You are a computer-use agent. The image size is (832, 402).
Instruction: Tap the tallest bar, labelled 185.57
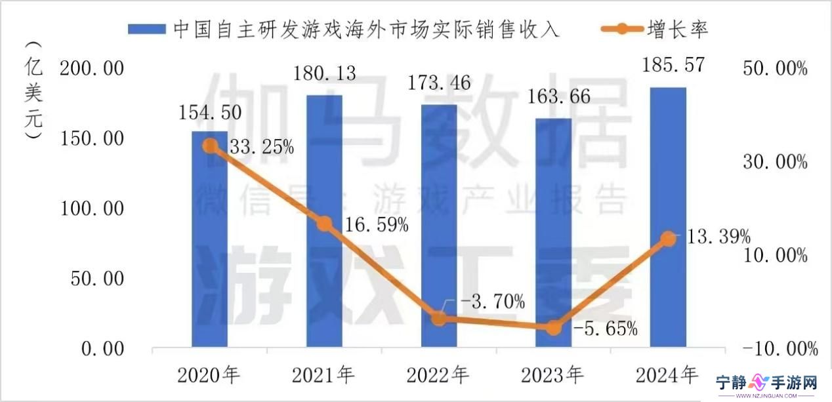click(x=668, y=216)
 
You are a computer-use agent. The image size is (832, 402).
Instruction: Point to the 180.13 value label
click(x=325, y=73)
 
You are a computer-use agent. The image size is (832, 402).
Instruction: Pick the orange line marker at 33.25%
click(x=209, y=146)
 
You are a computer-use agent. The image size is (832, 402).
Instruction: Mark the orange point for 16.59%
click(x=324, y=224)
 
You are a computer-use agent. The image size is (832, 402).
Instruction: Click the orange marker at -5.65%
click(x=554, y=327)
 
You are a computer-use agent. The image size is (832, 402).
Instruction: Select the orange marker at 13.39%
click(x=668, y=239)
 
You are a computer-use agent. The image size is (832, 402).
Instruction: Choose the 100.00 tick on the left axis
click(x=92, y=209)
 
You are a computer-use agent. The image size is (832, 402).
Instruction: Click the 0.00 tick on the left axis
click(x=102, y=349)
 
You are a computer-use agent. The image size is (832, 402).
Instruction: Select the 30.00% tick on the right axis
click(x=775, y=161)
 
